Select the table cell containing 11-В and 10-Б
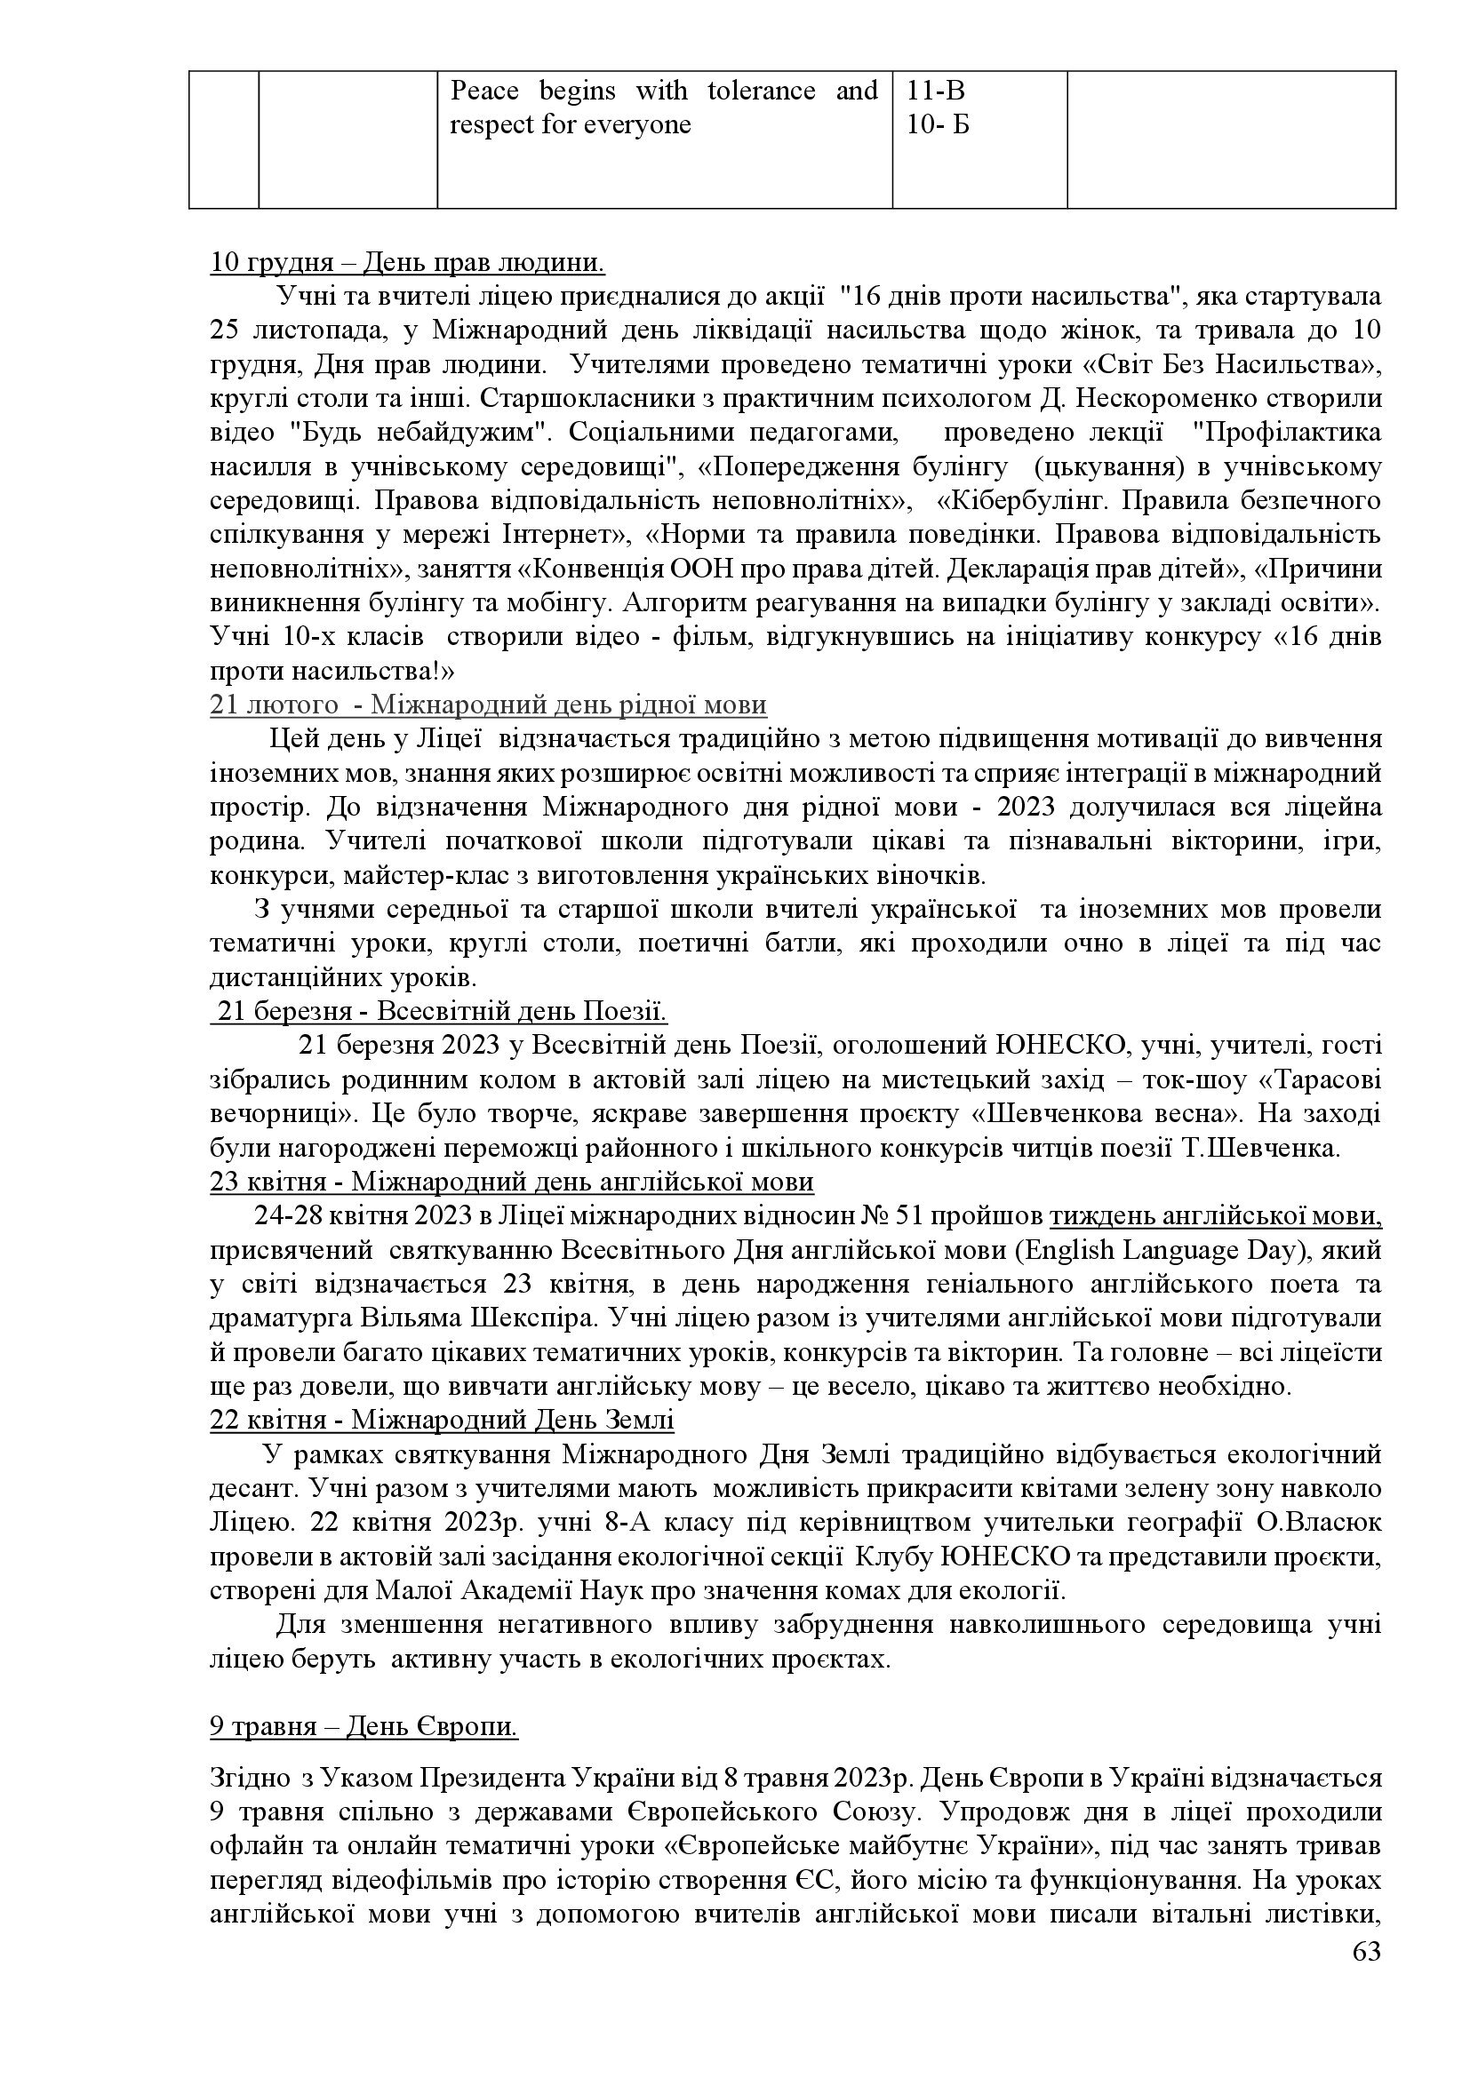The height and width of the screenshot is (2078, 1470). click(x=979, y=139)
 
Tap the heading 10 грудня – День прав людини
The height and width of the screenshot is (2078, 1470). click(x=407, y=263)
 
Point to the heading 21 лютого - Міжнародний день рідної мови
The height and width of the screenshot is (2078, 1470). click(x=488, y=705)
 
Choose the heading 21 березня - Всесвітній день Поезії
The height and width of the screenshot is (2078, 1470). click(x=440, y=1011)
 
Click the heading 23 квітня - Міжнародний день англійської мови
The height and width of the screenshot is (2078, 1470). click(x=511, y=1182)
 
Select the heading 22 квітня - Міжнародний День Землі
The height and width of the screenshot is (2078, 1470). click(x=442, y=1420)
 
